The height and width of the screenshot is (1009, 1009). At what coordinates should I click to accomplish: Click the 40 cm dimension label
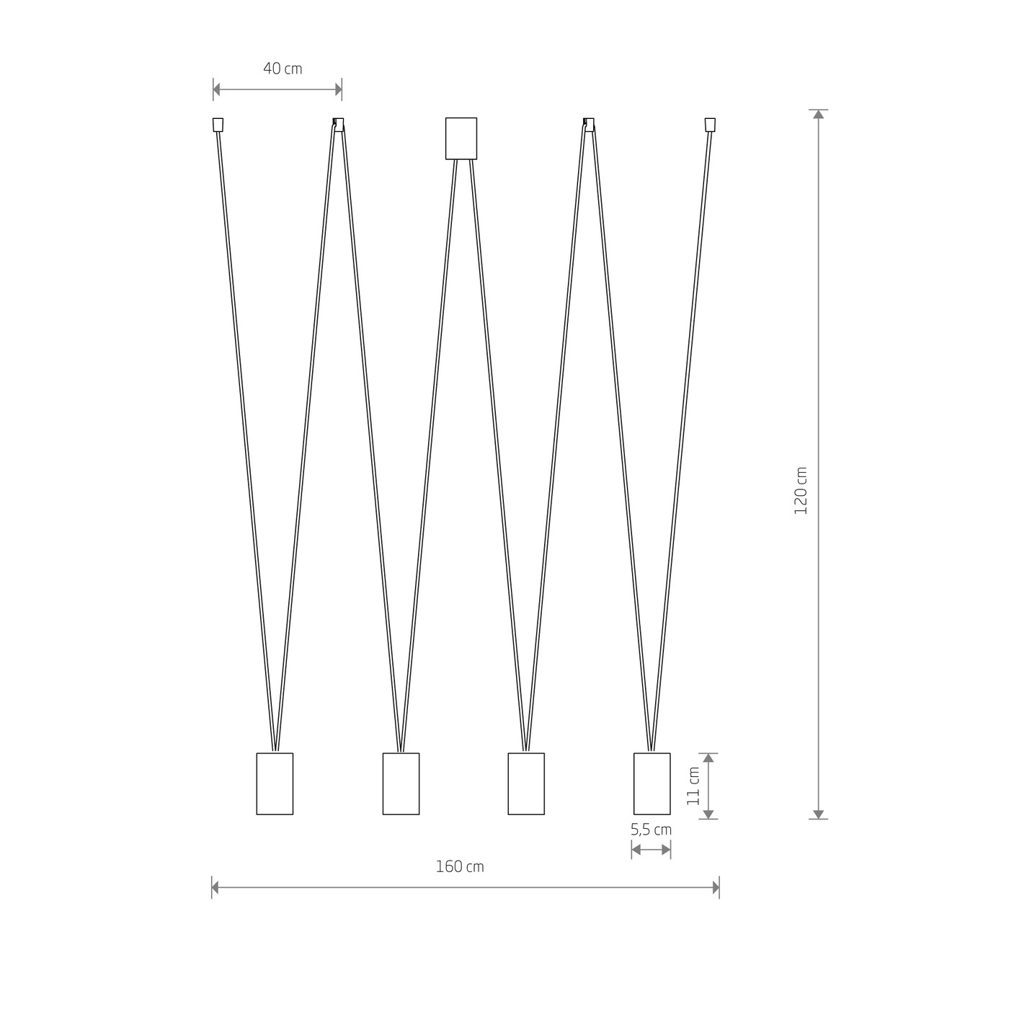283,68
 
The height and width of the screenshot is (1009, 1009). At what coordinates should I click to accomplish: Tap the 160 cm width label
460,866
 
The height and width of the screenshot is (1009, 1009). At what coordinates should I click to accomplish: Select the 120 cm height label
801,491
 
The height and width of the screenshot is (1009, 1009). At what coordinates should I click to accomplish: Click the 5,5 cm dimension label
651,830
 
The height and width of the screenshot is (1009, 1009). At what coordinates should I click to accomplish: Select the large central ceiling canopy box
461,138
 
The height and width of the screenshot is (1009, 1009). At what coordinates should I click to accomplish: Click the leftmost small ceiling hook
218,125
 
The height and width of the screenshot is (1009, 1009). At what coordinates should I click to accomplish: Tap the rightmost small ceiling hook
709,125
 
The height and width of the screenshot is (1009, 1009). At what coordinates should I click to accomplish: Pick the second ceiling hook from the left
338,125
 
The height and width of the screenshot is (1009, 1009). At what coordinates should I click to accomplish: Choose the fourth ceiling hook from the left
589,125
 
